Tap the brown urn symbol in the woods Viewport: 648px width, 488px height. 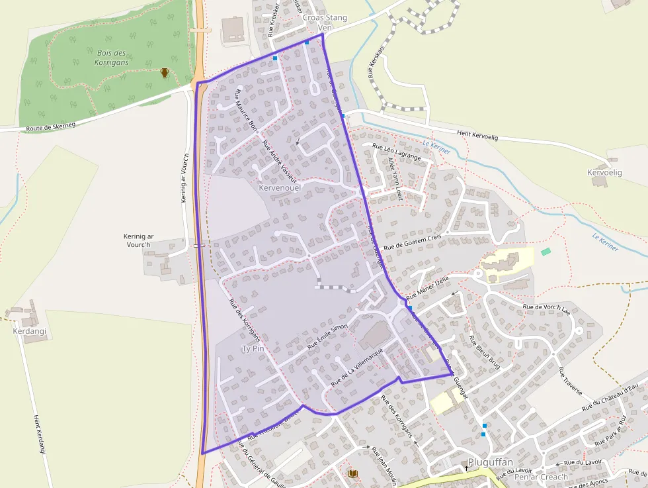coord(165,72)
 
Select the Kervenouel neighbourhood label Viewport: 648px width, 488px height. coord(281,188)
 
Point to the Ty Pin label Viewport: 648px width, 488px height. coord(253,348)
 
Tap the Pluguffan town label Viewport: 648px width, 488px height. coord(491,462)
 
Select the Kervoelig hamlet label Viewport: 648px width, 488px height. coord(604,172)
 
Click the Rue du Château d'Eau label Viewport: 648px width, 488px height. coord(610,397)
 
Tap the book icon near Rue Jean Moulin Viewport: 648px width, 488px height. coord(352,473)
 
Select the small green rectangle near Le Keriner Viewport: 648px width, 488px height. coord(546,252)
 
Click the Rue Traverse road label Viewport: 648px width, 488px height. coord(571,380)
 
